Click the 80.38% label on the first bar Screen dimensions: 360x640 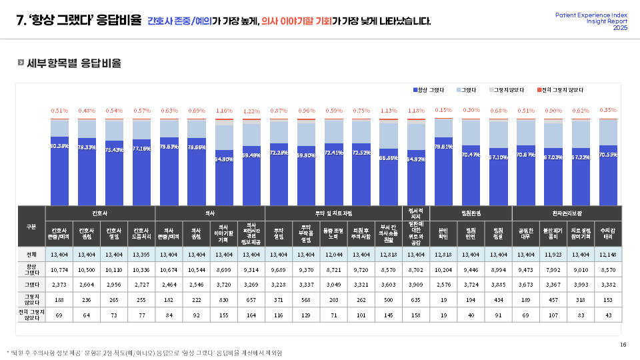[59, 146]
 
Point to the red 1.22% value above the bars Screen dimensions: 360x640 [251, 111]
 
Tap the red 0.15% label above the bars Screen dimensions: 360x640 [443, 110]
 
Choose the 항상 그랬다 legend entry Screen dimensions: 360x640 [431, 89]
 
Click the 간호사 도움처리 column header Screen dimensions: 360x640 [141, 234]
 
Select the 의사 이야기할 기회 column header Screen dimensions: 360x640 [224, 234]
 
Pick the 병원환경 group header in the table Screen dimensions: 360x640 [471, 213]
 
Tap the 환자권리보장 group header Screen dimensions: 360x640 [567, 213]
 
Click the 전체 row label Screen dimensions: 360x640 [31, 254]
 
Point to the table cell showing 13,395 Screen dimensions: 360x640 [141, 254]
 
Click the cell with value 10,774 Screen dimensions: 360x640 [59, 269]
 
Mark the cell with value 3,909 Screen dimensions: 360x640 [416, 285]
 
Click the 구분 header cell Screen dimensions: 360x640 [31, 227]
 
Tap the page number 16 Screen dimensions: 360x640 [623, 344]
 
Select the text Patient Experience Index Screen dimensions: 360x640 [591, 15]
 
